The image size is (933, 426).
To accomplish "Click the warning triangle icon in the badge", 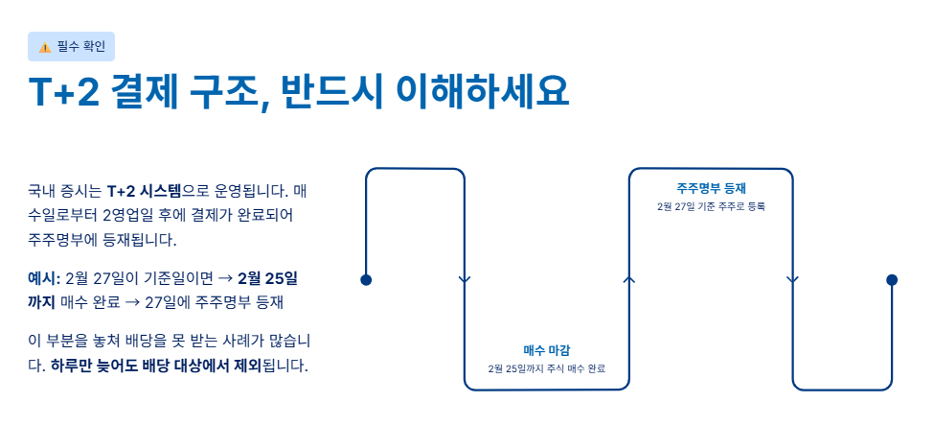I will pos(44,47).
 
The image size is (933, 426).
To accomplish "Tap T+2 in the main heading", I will pos(63,93).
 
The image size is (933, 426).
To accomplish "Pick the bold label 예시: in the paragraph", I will pos(43,278).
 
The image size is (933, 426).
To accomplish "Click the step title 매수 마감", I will pos(546,349).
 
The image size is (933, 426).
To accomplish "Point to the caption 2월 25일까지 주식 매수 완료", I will pos(546,368).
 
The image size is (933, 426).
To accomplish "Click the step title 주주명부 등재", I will pos(710,187).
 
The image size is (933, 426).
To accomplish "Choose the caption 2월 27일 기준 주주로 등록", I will pos(710,206).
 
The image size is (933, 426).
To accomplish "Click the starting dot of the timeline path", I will pos(365,280).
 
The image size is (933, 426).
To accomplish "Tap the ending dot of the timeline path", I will pos(892,280).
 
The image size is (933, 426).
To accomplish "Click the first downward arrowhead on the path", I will pos(465,280).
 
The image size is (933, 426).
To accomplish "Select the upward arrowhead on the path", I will pos(628,279).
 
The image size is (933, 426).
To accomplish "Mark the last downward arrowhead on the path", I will pos(792,280).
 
